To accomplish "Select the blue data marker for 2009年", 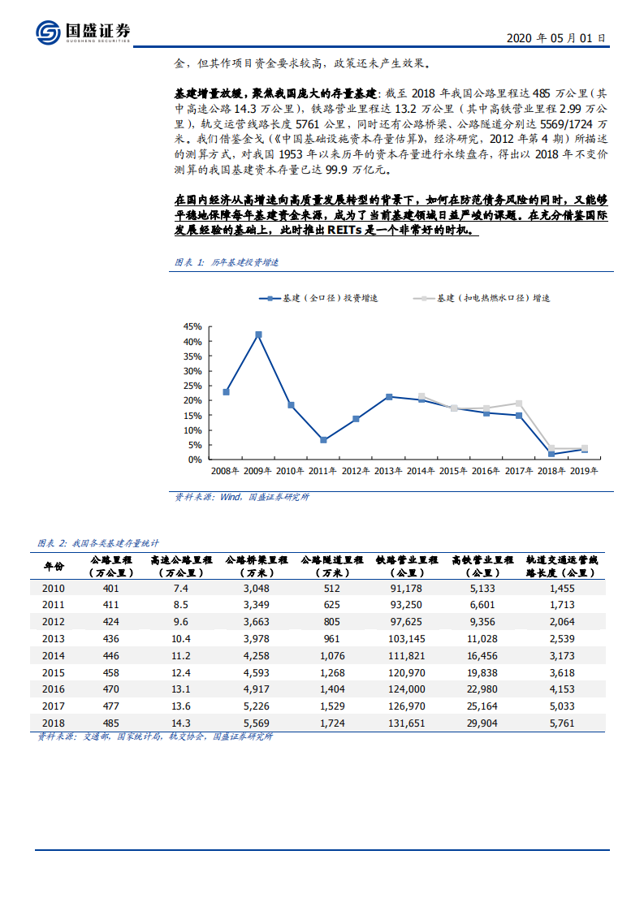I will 258,335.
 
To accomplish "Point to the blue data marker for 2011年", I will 323,440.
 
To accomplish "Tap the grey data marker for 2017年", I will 519,404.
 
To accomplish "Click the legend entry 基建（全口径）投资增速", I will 318,299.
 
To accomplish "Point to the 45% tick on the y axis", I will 192,326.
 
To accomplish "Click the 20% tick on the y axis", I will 192,400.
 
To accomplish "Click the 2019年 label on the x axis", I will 584,471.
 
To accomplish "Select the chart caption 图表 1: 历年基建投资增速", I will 227,262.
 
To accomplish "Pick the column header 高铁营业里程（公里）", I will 482,566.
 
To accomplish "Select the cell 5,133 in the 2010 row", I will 482,588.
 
